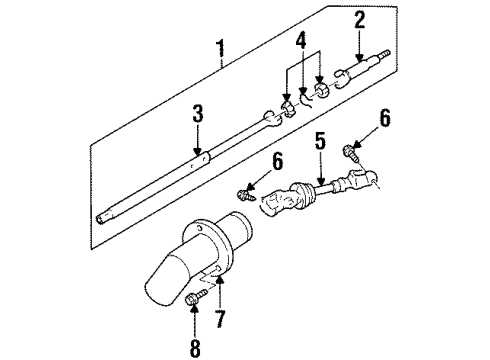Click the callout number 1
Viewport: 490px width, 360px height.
click(x=221, y=49)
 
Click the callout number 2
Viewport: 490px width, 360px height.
click(x=359, y=20)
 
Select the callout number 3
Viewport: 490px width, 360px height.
click(x=198, y=114)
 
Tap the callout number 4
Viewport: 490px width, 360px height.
click(x=301, y=42)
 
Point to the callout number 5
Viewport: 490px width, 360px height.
click(x=320, y=141)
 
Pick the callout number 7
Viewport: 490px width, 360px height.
click(x=220, y=318)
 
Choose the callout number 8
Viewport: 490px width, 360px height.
click(x=195, y=348)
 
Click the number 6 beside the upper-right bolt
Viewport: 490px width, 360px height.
click(x=385, y=118)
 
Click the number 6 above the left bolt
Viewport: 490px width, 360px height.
click(x=277, y=161)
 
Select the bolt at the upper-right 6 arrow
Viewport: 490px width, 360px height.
click(x=352, y=153)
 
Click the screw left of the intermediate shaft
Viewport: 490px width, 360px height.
click(x=246, y=195)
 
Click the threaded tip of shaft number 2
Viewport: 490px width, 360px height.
click(x=384, y=54)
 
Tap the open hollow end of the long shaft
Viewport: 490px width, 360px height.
click(x=100, y=219)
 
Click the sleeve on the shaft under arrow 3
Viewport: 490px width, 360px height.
click(x=200, y=161)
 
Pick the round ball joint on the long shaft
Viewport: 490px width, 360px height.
click(x=269, y=116)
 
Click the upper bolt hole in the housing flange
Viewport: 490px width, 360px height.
click(x=199, y=228)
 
